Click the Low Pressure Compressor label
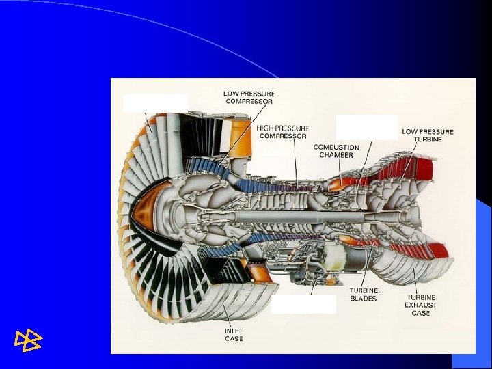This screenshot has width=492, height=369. pyautogui.click(x=249, y=98)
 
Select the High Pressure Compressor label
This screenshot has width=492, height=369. pyautogui.click(x=283, y=132)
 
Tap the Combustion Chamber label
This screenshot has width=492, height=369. pyautogui.click(x=336, y=151)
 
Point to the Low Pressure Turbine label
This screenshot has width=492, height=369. pyautogui.click(x=427, y=135)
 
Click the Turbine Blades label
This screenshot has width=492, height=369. pyautogui.click(x=364, y=295)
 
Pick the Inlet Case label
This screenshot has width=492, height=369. pyautogui.click(x=233, y=335)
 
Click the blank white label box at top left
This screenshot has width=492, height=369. pyautogui.click(x=155, y=102)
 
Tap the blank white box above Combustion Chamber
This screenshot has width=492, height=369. pyautogui.click(x=367, y=126)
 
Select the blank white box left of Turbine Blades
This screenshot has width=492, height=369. pyautogui.click(x=303, y=304)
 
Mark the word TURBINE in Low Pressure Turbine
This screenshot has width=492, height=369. pyautogui.click(x=427, y=139)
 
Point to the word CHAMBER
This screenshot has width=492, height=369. pyautogui.click(x=336, y=155)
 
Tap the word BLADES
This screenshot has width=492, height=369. pyautogui.click(x=364, y=299)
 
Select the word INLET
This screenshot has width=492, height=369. pyautogui.click(x=233, y=331)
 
